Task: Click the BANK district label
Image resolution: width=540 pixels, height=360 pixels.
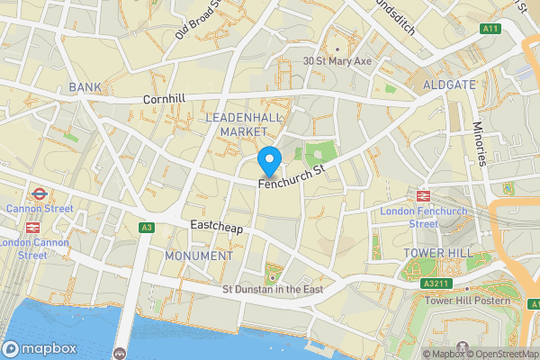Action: click(85, 87)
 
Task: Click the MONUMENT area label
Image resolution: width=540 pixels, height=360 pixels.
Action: click(199, 256)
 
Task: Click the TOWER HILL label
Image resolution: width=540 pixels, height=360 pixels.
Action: click(437, 253)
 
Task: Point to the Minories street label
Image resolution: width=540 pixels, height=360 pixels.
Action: click(481, 144)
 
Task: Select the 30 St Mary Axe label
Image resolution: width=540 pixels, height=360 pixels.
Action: click(337, 61)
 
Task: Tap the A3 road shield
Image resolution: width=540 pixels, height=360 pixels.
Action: click(146, 228)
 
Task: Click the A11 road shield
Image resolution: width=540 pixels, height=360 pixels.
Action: click(490, 29)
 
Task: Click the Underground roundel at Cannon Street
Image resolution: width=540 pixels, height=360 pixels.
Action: click(39, 193)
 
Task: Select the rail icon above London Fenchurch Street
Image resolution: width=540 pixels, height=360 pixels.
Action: click(422, 196)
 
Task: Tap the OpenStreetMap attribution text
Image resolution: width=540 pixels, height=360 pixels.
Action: click(500, 353)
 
